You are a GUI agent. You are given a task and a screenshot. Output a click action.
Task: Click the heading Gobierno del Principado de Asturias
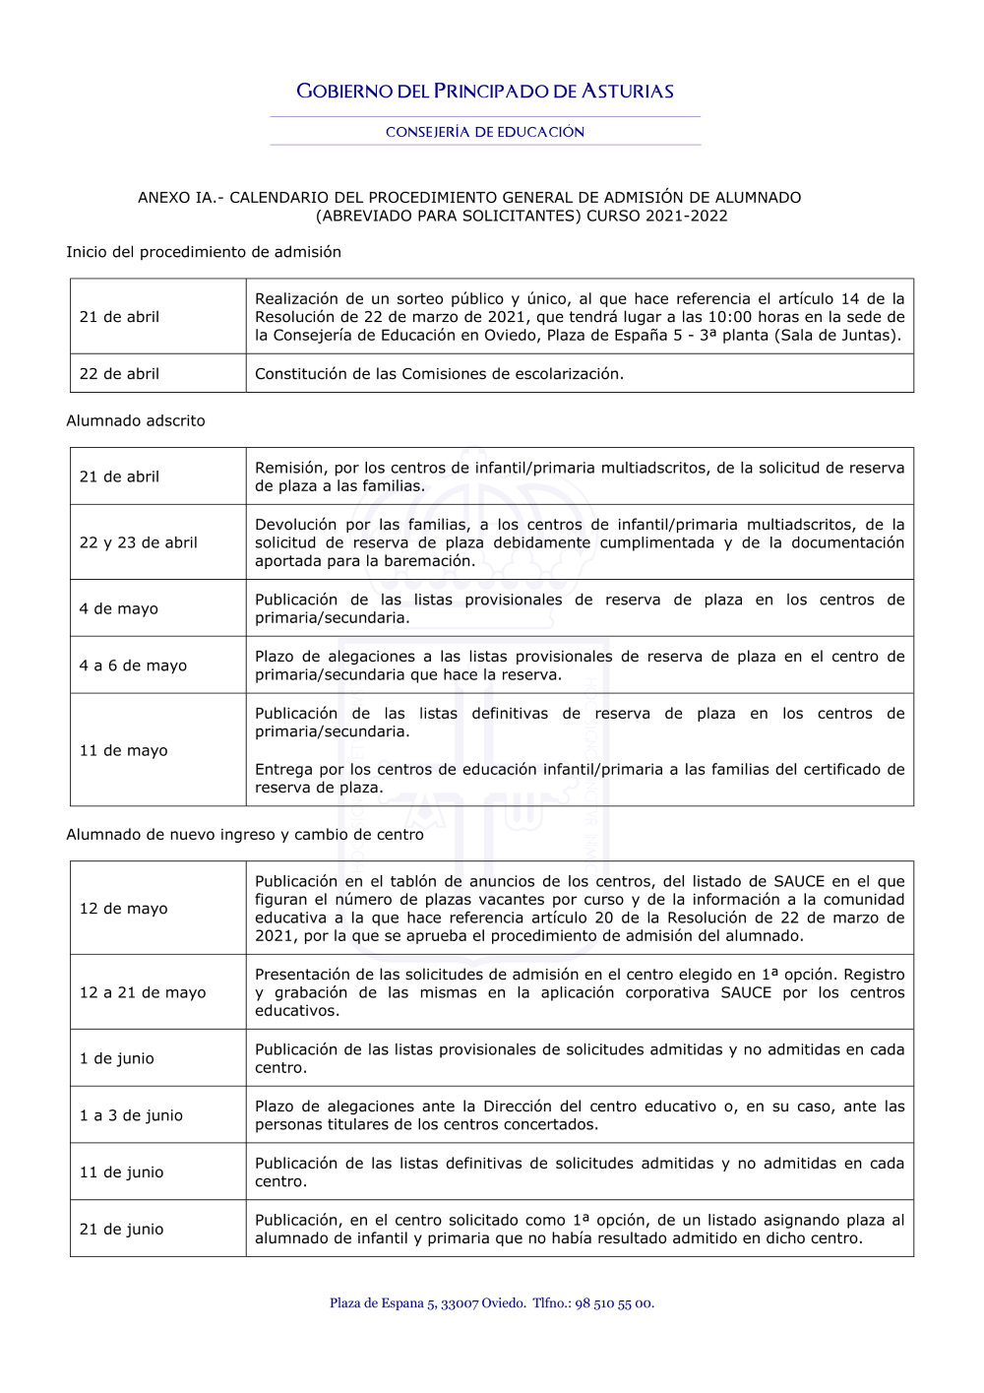[485, 92]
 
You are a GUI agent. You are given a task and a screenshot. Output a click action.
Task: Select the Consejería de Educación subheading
[485, 132]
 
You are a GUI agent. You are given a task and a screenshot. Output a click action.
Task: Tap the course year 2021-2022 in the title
[687, 216]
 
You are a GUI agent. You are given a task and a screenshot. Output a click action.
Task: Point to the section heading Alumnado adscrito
[136, 420]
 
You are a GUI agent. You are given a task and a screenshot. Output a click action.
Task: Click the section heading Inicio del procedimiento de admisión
[204, 252]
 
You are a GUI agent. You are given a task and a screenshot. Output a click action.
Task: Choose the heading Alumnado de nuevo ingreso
[245, 834]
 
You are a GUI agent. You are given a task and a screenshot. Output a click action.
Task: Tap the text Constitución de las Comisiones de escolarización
[439, 374]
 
